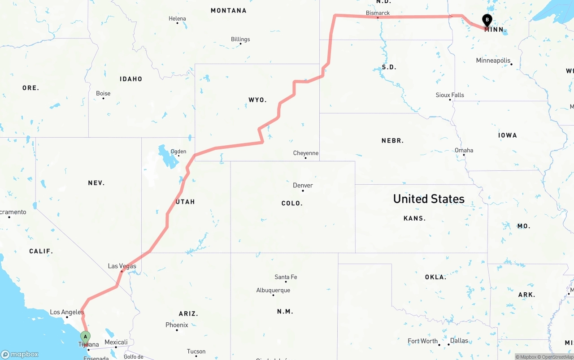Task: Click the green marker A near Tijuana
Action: pyautogui.click(x=85, y=337)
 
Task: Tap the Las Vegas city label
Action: pyautogui.click(x=122, y=266)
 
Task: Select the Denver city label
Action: pyautogui.click(x=303, y=186)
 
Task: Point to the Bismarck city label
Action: pyautogui.click(x=378, y=13)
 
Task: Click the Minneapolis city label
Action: pyautogui.click(x=493, y=61)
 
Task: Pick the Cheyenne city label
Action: pyautogui.click(x=306, y=153)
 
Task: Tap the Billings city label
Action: pyautogui.click(x=240, y=39)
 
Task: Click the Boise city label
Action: pyautogui.click(x=103, y=94)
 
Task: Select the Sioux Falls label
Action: pyautogui.click(x=450, y=95)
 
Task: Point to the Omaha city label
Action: pyautogui.click(x=464, y=150)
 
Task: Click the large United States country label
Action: pyautogui.click(x=429, y=199)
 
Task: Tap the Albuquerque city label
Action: pyautogui.click(x=273, y=291)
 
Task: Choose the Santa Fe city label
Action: pyautogui.click(x=286, y=277)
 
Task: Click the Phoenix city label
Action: pyautogui.click(x=177, y=325)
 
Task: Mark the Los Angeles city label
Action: pyautogui.click(x=67, y=312)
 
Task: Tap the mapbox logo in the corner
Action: pyautogui.click(x=20, y=354)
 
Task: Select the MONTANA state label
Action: pyautogui.click(x=228, y=10)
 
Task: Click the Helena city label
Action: pyautogui.click(x=177, y=19)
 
